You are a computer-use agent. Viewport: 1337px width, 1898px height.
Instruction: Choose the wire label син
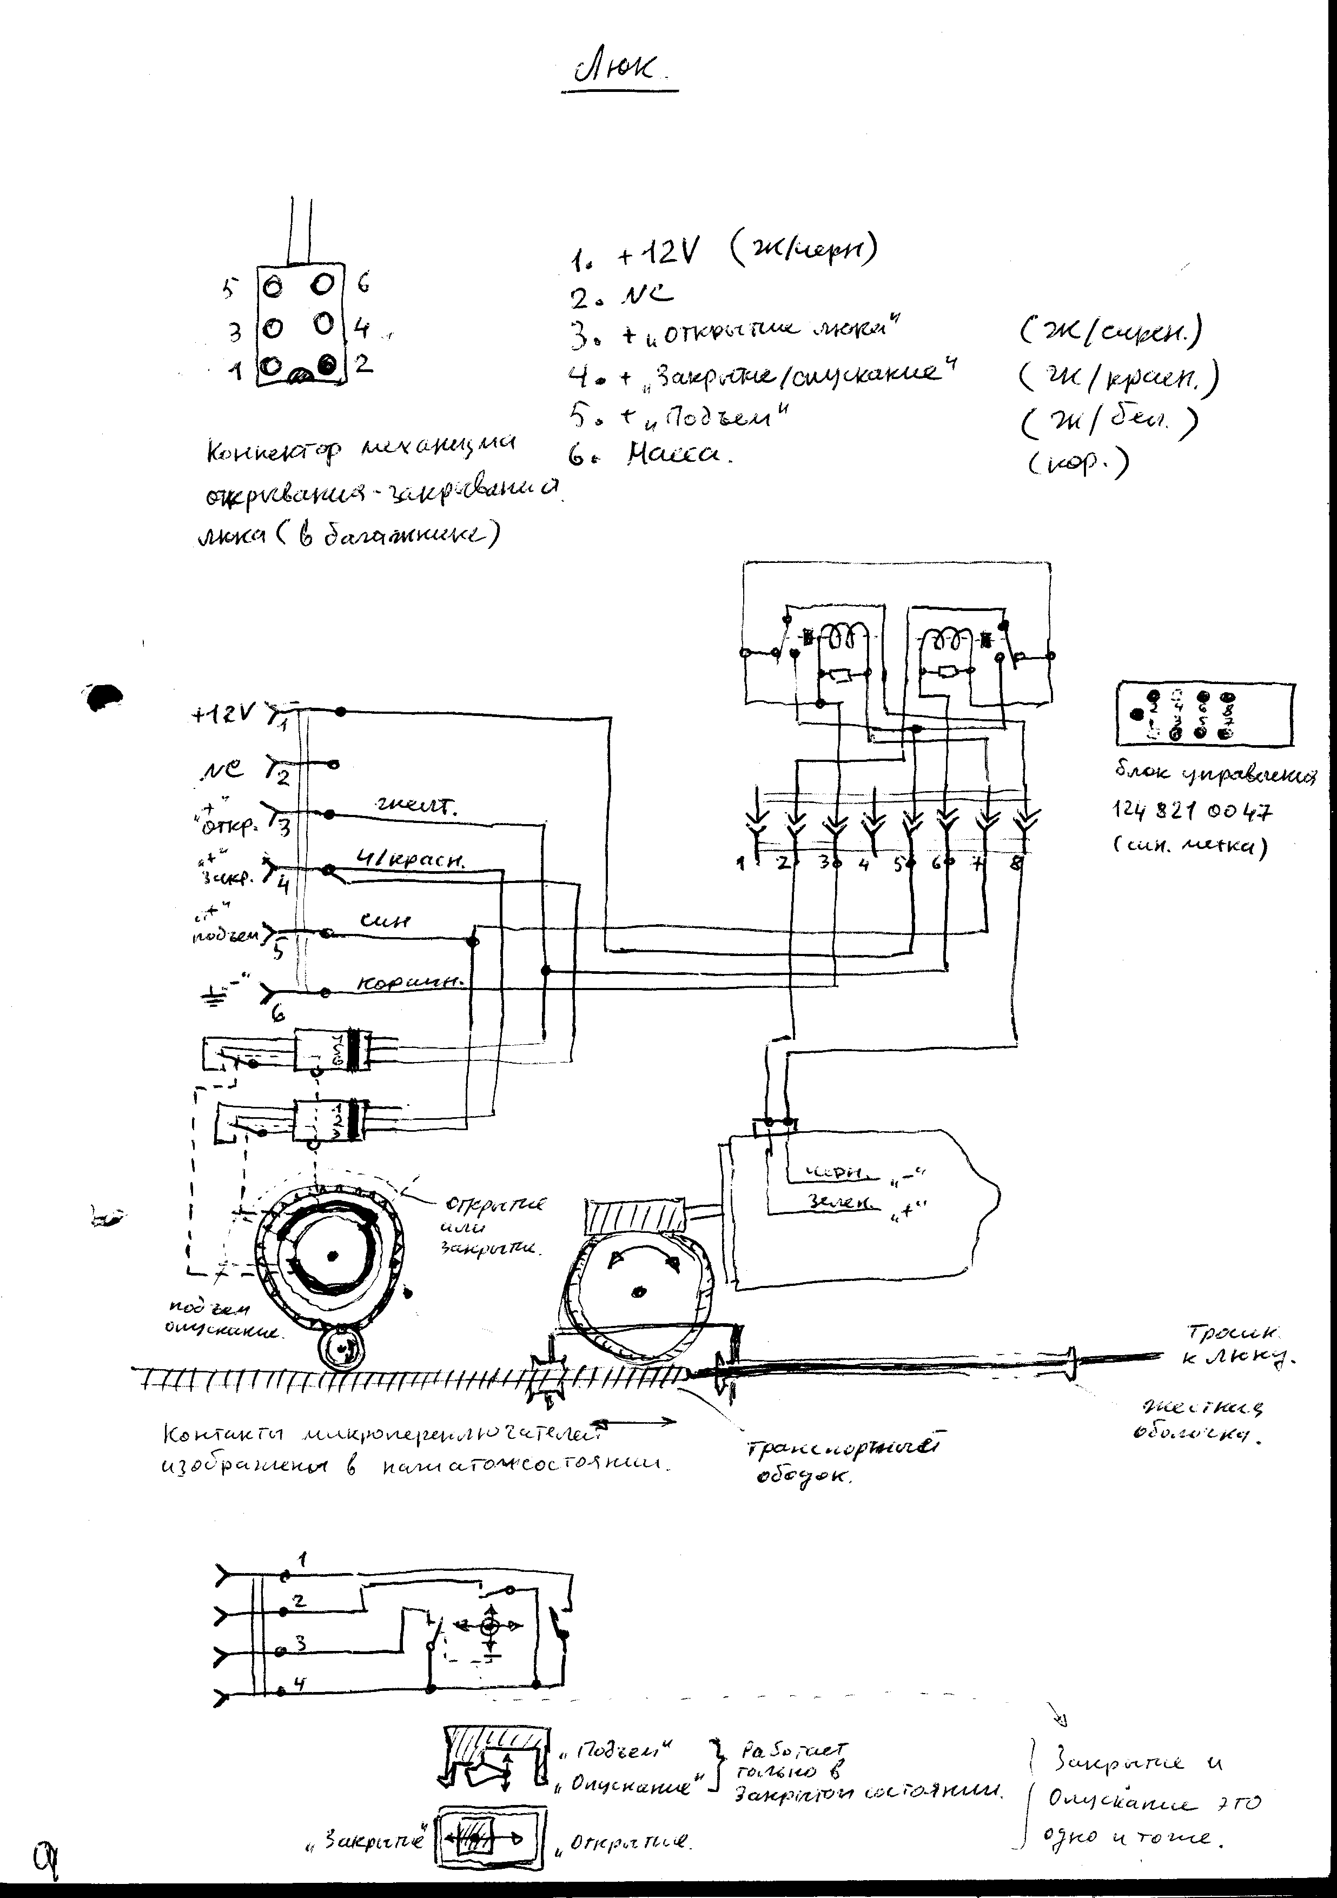pyautogui.click(x=385, y=921)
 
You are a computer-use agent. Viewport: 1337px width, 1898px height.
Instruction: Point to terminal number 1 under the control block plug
pyautogui.click(x=741, y=864)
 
